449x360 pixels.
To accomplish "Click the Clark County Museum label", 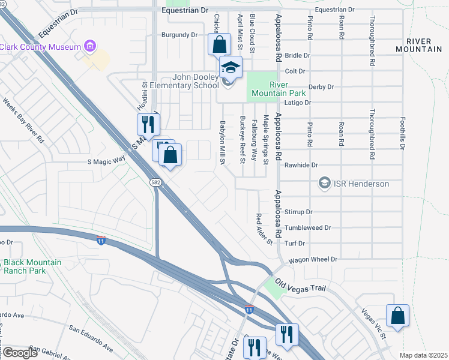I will click(40, 47).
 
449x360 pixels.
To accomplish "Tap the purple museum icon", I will click(90, 46).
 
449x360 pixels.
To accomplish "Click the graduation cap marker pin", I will click(231, 68).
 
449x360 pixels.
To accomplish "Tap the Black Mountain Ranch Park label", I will click(32, 266).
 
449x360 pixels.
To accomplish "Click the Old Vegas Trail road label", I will click(301, 286).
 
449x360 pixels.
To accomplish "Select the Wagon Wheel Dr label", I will click(313, 260).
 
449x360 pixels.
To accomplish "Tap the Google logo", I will click(20, 353).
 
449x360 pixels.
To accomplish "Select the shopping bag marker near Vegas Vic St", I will click(397, 316).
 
